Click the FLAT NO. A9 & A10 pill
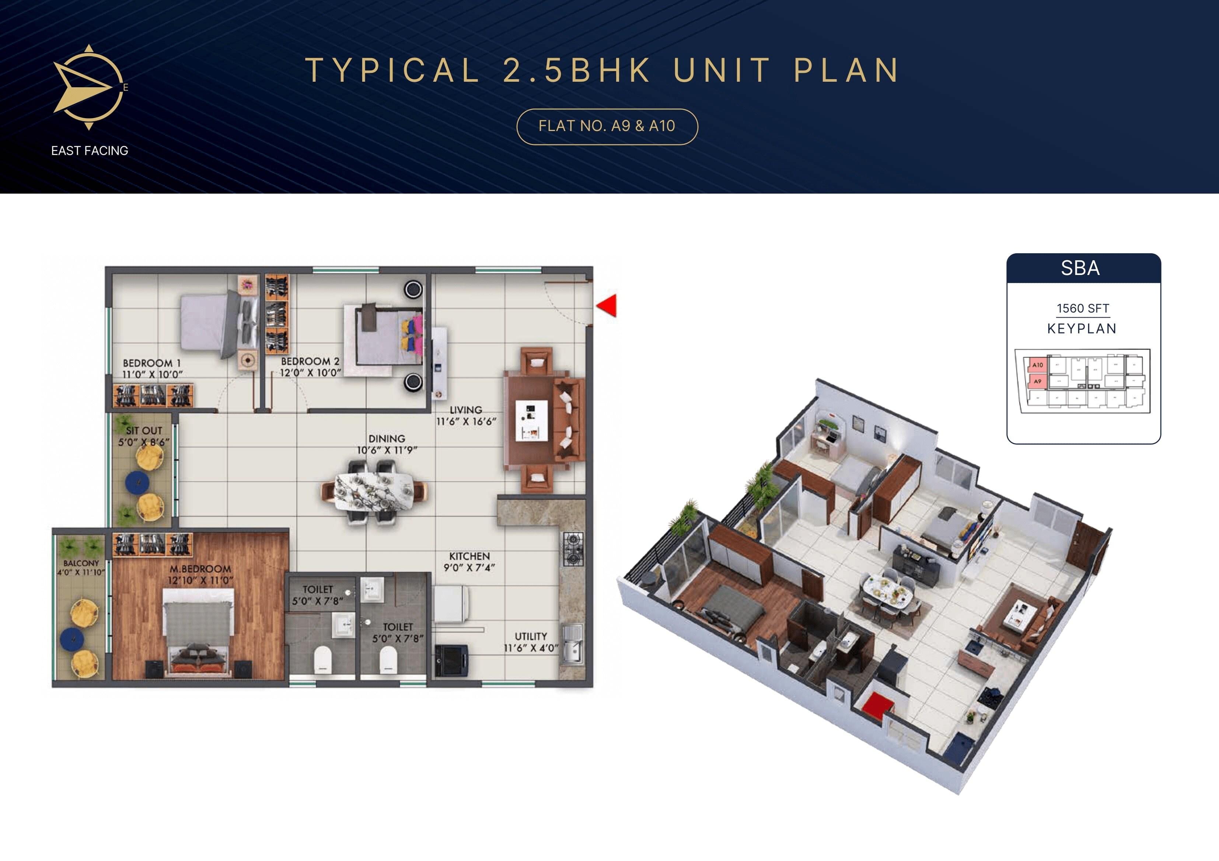pyautogui.click(x=607, y=126)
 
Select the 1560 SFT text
pyautogui.click(x=1083, y=308)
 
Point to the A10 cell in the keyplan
pyautogui.click(x=1037, y=365)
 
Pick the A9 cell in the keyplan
pyautogui.click(x=1037, y=381)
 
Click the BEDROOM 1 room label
pyautogui.click(x=151, y=363)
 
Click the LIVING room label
pyautogui.click(x=466, y=410)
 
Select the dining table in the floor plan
pyautogui.click(x=375, y=491)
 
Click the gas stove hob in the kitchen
pyautogui.click(x=573, y=549)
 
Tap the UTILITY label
pyautogui.click(x=530, y=636)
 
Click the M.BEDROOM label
pyautogui.click(x=200, y=569)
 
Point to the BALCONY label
pyautogui.click(x=81, y=563)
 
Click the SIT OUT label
pyautogui.click(x=144, y=430)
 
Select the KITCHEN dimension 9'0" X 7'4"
pyautogui.click(x=469, y=568)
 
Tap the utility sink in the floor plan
pyautogui.click(x=572, y=645)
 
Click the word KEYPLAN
pyautogui.click(x=1082, y=329)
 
